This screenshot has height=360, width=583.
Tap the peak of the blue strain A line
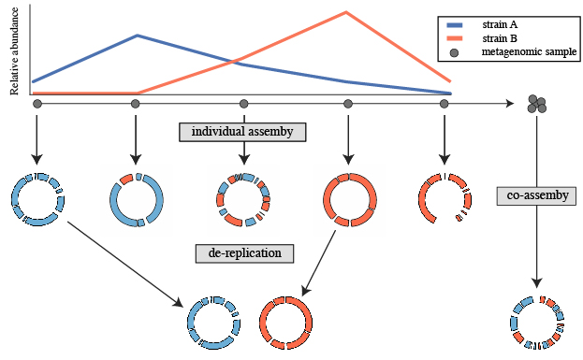[x=138, y=36]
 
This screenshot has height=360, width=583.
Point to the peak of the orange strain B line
[x=347, y=12]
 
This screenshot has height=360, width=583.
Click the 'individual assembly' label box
[x=243, y=132]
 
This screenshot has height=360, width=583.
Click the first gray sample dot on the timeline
[x=36, y=104]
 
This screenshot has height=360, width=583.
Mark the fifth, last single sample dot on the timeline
[x=444, y=104]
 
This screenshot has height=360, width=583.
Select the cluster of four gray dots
[x=537, y=104]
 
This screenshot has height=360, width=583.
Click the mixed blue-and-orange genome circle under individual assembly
[x=243, y=199]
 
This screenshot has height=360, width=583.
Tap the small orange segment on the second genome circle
[x=126, y=179]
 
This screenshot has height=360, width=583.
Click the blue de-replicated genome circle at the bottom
[x=212, y=323]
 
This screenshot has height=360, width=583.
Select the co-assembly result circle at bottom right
[x=537, y=324]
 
